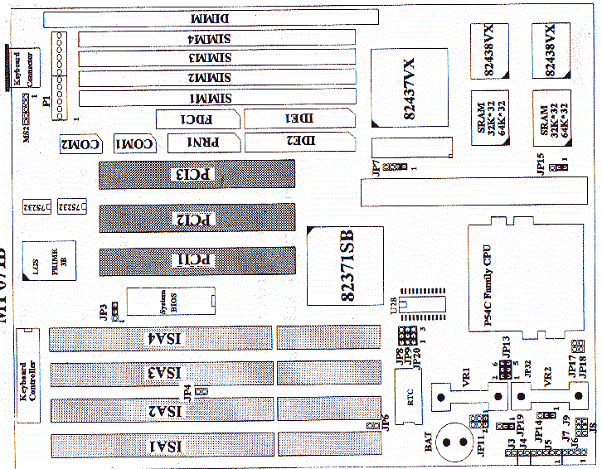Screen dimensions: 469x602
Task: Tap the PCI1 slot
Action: pos(197,261)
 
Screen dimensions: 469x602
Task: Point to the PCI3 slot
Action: pos(197,175)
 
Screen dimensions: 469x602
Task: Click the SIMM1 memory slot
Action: pos(215,99)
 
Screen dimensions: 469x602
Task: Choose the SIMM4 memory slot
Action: pos(215,38)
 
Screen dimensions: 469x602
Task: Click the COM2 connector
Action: pos(81,144)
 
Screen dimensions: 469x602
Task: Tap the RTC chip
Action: pos(405,396)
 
